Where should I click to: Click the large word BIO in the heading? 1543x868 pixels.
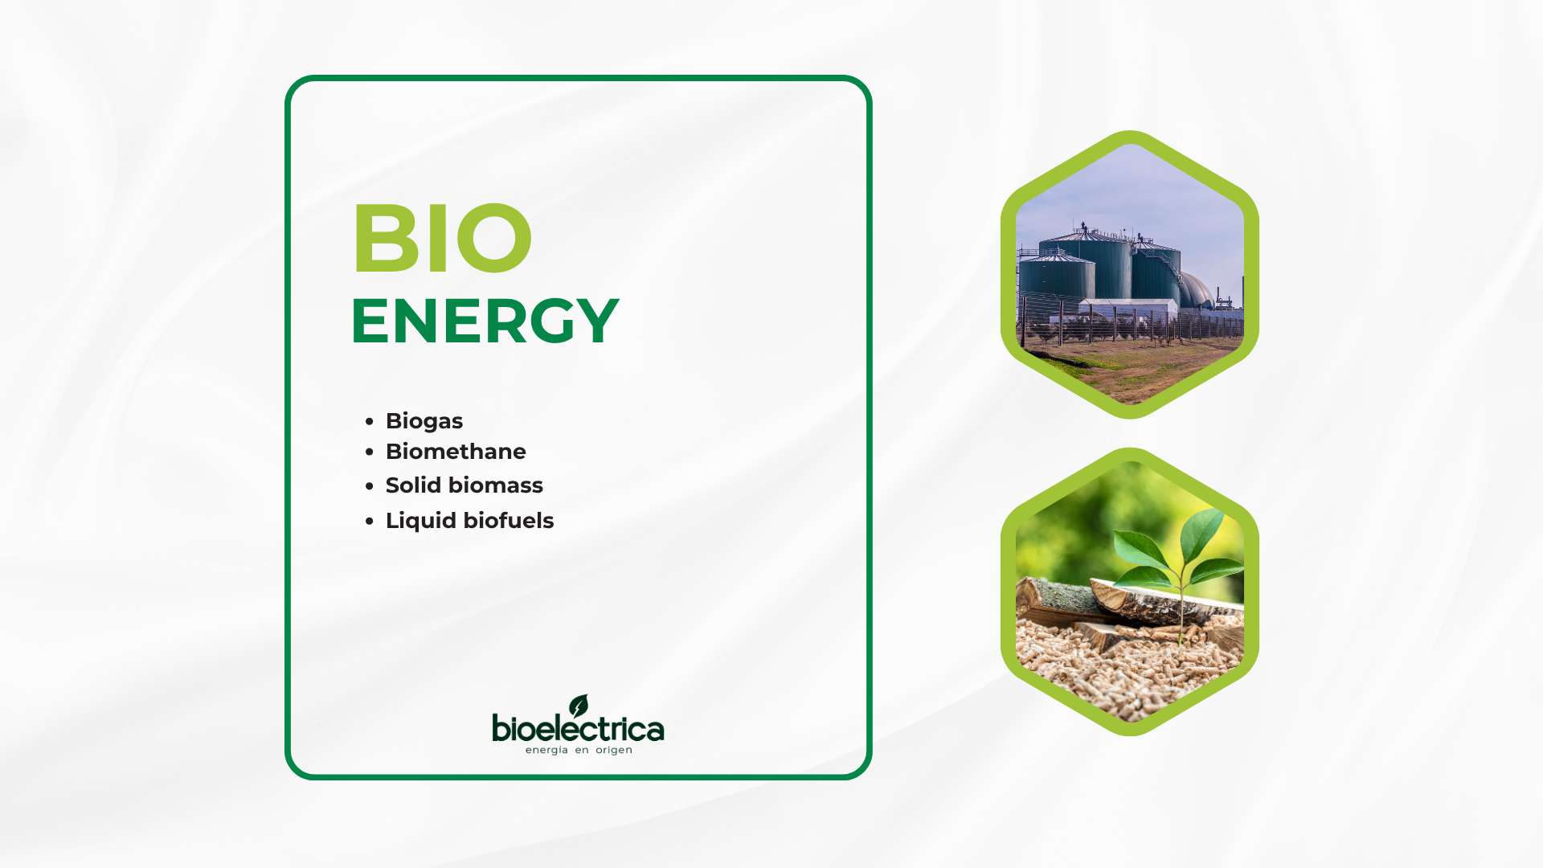442,238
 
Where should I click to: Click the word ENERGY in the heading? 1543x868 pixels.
485,321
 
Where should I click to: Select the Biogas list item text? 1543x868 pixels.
424,421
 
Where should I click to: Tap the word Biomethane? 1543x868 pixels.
456,452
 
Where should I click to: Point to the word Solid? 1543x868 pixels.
413,485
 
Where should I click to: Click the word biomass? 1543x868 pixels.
496,485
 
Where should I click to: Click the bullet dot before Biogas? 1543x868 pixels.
370,421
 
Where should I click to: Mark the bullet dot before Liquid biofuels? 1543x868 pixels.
370,522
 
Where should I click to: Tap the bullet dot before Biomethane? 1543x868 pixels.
370,452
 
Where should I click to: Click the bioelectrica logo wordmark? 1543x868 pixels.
578,729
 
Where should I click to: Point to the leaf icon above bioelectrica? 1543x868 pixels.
579,706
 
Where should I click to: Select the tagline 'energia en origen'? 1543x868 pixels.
579,751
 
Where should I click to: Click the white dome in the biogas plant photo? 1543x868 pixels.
1197,289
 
